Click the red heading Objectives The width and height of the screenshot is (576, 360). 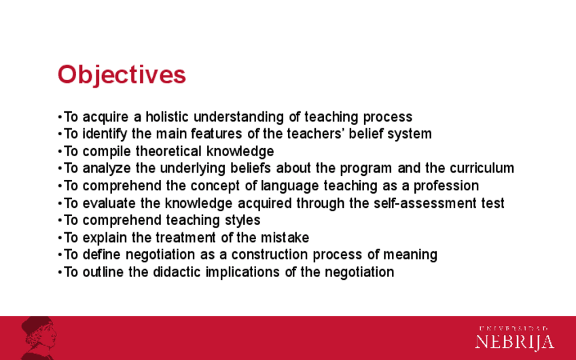point(122,75)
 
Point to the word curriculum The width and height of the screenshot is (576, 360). point(482,168)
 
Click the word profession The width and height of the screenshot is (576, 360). point(446,186)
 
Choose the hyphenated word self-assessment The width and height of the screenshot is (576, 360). point(425,203)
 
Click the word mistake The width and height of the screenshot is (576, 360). point(285,238)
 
